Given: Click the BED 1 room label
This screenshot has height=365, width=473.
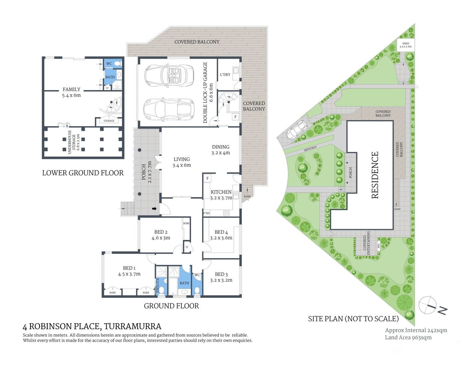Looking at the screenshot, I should click(129, 271).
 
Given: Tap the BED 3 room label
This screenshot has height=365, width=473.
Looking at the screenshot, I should click(221, 277).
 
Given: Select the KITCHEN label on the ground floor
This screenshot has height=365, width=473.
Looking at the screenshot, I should click(221, 195).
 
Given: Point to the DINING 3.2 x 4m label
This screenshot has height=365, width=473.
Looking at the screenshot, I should click(221, 149).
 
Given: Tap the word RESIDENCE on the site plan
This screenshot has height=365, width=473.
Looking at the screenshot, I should click(375, 175).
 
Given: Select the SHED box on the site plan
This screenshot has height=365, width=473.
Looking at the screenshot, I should click(405, 45).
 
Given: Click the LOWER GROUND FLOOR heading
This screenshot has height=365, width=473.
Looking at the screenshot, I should click(83, 173).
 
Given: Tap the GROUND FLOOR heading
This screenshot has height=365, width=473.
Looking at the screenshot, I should click(171, 306).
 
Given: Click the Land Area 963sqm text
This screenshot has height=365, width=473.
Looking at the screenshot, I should click(408, 337).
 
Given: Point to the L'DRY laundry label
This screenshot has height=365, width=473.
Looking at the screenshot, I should click(225, 75).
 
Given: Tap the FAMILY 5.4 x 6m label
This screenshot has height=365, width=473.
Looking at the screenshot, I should click(72, 92).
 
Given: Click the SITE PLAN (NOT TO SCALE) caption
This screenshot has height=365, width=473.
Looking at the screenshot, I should click(353, 319).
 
